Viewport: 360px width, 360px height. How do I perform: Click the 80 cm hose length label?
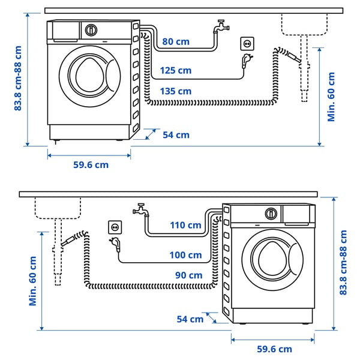pos(176,42)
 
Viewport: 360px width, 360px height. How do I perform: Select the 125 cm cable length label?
pos(176,71)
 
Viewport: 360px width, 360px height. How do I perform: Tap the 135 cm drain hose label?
pos(176,91)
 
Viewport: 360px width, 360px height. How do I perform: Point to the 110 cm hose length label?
pos(185,226)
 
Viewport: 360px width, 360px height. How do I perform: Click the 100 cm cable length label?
pos(185,255)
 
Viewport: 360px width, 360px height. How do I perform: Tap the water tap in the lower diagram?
pos(140,209)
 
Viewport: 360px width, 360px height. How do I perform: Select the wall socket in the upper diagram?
pos(247,43)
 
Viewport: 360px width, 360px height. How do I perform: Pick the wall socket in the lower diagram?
pos(115,227)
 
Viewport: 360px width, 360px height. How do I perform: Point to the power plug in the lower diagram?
pos(114,244)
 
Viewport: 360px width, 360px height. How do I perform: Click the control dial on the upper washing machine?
pos(91,29)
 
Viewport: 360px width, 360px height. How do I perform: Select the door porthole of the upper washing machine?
pos(89,74)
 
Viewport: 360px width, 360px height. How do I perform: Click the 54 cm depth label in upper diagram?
pos(176,135)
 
